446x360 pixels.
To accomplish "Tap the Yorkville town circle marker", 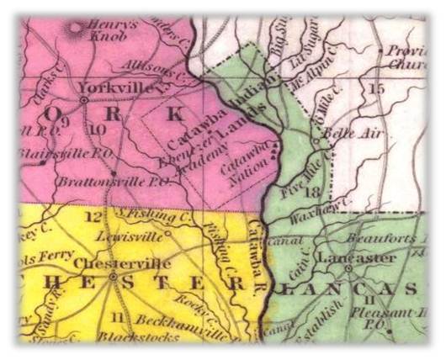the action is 85,100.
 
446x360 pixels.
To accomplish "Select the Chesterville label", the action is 114,263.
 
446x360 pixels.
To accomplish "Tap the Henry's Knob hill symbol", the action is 77,27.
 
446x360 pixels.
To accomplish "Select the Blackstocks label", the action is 138,338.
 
